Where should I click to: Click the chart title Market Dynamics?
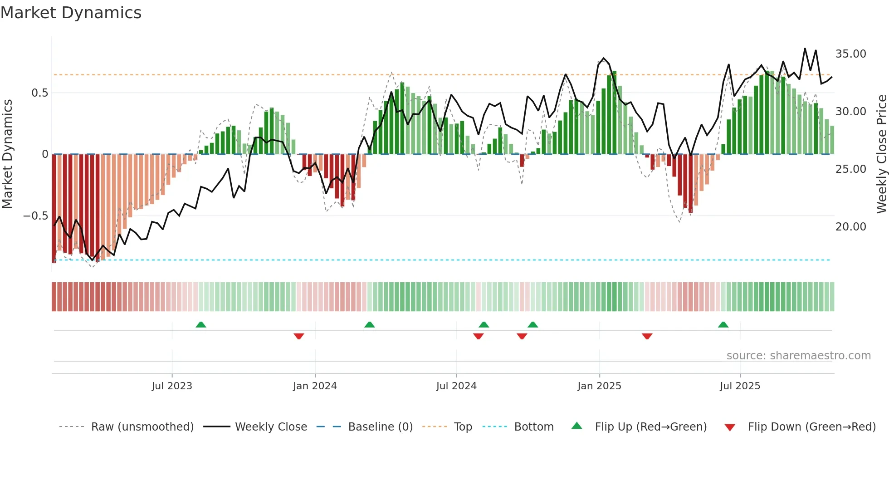(x=71, y=13)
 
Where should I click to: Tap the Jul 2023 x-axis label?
(x=172, y=386)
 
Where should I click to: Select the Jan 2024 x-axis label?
(x=315, y=386)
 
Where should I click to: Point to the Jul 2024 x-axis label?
(x=456, y=386)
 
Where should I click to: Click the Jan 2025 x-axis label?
(x=599, y=386)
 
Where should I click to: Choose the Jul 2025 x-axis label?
(x=740, y=386)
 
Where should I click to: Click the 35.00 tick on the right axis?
(x=850, y=54)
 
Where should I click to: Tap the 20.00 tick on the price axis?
(x=850, y=227)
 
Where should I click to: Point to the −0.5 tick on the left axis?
(x=35, y=216)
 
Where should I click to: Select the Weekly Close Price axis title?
(x=881, y=154)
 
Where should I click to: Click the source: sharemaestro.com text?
(x=798, y=356)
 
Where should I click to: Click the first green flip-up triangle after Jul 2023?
(x=201, y=324)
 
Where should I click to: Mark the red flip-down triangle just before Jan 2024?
(x=298, y=336)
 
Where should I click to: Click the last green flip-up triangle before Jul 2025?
(x=723, y=324)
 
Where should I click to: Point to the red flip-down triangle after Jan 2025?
(x=647, y=336)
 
